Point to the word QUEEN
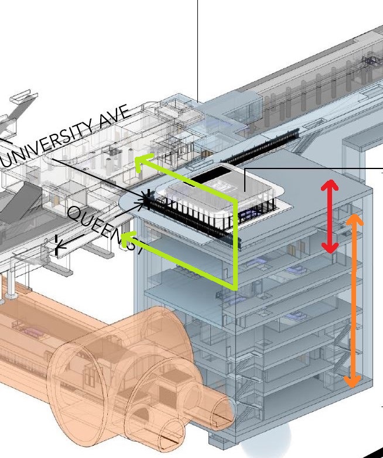94,225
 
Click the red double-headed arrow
330,216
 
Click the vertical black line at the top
197,47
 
